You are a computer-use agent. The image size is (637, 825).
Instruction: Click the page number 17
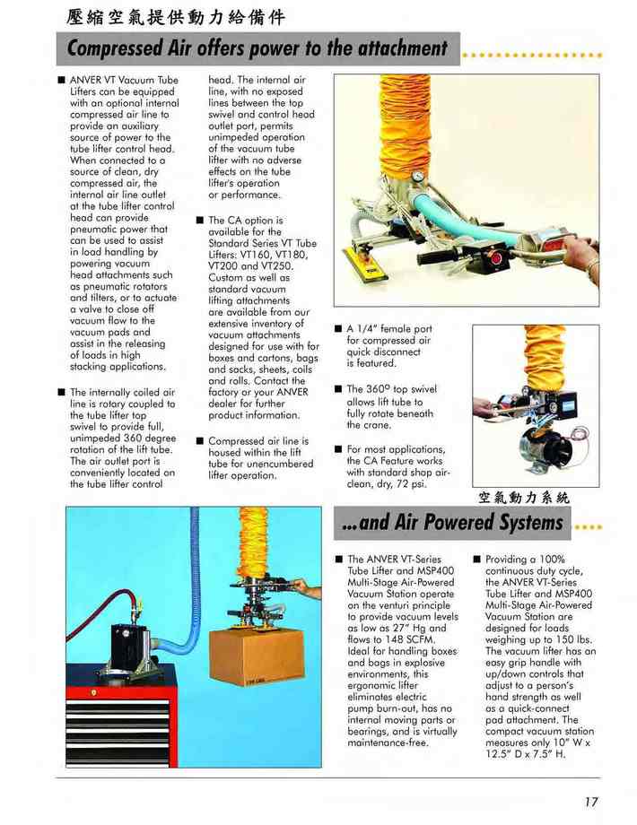pos(590,802)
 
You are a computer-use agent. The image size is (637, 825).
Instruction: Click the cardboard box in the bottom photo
pos(257,657)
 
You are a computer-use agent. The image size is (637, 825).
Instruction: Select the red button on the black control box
pos(495,259)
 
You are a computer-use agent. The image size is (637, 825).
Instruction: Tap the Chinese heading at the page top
pos(176,17)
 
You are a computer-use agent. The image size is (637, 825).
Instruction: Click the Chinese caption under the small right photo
pos(524,497)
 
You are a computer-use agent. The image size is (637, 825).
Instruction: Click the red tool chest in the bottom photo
pos(119,716)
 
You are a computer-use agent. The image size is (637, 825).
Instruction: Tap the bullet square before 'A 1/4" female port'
pos(338,329)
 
